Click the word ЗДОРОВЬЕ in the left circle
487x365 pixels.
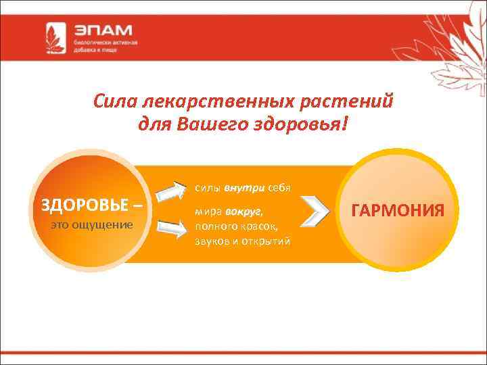pyautogui.click(x=80, y=204)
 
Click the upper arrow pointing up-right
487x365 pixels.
pyautogui.click(x=171, y=192)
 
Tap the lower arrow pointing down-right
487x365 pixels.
pyautogui.click(x=171, y=228)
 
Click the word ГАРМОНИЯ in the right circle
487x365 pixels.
pyautogui.click(x=398, y=210)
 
